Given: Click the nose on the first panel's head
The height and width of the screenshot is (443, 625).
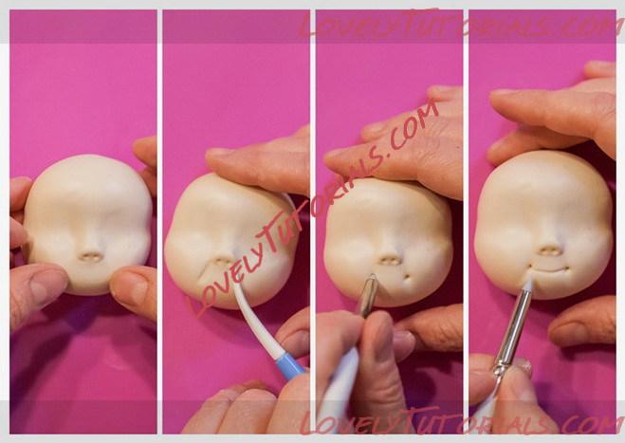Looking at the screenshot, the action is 90,256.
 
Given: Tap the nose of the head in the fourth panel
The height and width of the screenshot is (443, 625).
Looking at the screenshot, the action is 550,250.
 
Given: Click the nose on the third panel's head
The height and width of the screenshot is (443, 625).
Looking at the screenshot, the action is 390,260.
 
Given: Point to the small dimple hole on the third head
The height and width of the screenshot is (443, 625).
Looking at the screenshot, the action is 407,276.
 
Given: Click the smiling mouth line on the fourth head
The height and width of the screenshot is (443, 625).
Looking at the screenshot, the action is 550,270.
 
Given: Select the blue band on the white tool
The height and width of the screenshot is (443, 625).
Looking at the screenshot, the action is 290,365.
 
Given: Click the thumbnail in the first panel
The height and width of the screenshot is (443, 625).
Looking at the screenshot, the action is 48,288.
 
